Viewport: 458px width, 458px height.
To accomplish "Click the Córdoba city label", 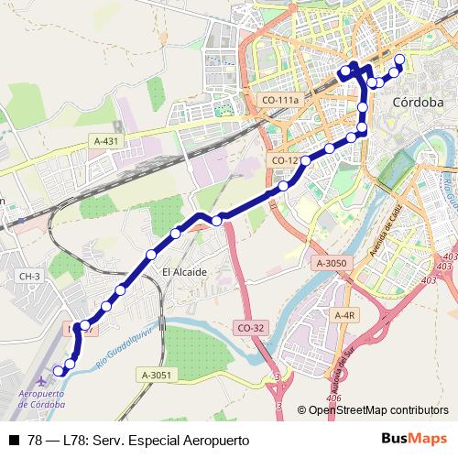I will (x=417, y=103).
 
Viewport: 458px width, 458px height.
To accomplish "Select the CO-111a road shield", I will (x=281, y=100).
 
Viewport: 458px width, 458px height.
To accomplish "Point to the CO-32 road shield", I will (x=249, y=327).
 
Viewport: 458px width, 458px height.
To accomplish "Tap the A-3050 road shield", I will (x=331, y=263).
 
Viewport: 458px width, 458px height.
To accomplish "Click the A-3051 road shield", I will (x=157, y=375).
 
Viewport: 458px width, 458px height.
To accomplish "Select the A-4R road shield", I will (x=344, y=316).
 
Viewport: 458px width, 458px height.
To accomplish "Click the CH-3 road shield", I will (x=30, y=276).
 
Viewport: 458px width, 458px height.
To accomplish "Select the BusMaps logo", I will (x=415, y=440).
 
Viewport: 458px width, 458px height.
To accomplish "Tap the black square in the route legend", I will (x=13, y=441).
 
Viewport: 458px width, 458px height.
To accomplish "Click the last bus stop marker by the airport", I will (x=59, y=370).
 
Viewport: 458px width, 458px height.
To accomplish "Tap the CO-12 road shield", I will (x=285, y=160).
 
